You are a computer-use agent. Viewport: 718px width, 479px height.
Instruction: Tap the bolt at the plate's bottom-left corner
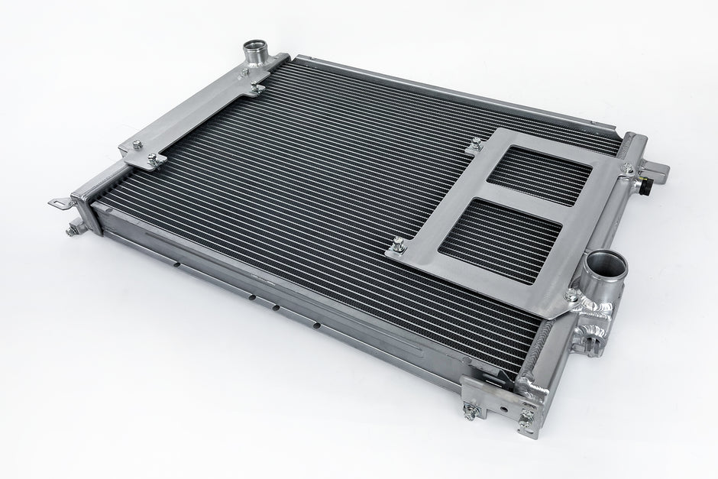[399, 247]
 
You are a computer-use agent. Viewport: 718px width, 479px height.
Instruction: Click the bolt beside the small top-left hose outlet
[243, 73]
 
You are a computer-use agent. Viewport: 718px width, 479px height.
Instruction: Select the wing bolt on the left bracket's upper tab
[257, 90]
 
